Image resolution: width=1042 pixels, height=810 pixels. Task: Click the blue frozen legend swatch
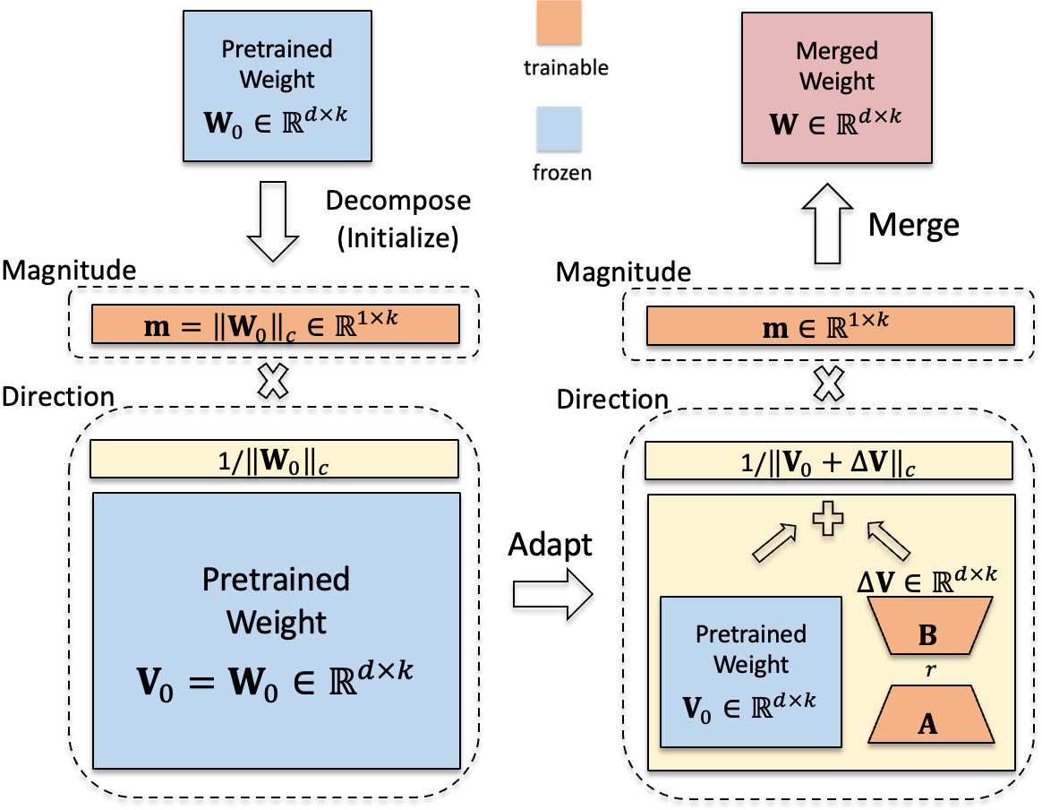coord(555,129)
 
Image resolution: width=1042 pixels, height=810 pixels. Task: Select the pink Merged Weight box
coord(836,86)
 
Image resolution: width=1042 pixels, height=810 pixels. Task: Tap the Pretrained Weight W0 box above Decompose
coord(277,86)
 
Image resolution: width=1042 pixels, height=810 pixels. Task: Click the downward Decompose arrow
coord(277,220)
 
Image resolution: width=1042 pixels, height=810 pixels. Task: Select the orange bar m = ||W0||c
coord(275,324)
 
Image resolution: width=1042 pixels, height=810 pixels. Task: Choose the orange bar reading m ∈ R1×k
coord(830,324)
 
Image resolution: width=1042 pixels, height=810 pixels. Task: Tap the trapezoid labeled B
coord(929,634)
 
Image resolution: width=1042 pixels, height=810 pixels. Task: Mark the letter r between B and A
coord(929,671)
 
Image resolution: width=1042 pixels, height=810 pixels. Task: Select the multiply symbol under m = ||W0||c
coord(276,383)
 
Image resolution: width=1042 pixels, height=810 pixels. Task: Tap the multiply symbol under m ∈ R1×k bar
coord(831,383)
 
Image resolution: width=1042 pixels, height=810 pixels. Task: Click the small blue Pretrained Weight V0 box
coord(750,672)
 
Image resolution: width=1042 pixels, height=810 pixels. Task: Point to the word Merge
coord(914,224)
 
